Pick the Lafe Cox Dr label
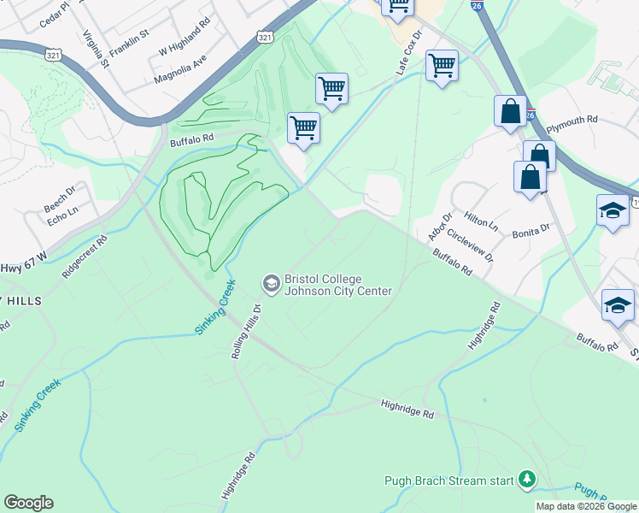[409, 53]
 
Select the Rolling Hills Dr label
[244, 329]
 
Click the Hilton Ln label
[481, 223]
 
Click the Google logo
[28, 503]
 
